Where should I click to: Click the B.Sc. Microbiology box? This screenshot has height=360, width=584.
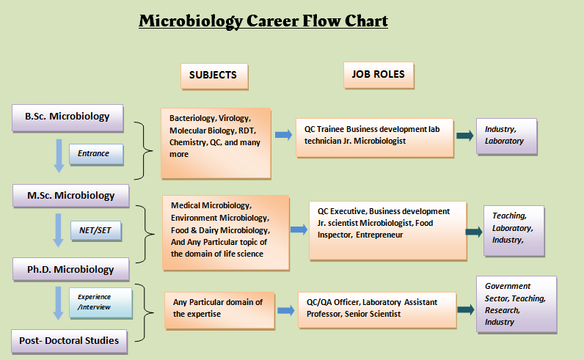click(67, 117)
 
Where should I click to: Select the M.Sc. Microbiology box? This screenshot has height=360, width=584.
click(70, 196)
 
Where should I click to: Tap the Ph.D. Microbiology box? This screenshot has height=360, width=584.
click(70, 269)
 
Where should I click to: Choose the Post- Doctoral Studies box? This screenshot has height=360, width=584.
click(69, 341)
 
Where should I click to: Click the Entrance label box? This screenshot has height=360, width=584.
click(96, 154)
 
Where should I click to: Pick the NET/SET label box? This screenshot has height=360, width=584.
click(96, 231)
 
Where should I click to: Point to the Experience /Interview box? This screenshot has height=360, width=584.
click(101, 303)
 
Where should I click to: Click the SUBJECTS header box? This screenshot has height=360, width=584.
click(214, 76)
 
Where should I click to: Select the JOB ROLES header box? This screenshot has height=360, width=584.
click(379, 75)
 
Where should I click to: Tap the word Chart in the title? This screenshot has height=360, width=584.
click(366, 21)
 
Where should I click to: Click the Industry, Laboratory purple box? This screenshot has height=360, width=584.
click(506, 136)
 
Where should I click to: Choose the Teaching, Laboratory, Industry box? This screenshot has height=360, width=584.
click(514, 231)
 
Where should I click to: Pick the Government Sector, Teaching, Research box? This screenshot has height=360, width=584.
click(517, 304)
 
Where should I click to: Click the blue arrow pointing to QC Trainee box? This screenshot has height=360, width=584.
click(283, 135)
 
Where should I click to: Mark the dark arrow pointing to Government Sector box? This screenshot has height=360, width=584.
click(466, 309)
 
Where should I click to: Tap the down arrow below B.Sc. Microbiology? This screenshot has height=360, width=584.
click(59, 155)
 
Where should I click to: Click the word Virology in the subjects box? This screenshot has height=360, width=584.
click(235, 118)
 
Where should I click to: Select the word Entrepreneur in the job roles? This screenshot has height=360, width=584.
click(379, 235)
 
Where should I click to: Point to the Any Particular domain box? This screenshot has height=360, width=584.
click(220, 311)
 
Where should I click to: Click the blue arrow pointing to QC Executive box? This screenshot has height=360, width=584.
click(299, 229)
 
